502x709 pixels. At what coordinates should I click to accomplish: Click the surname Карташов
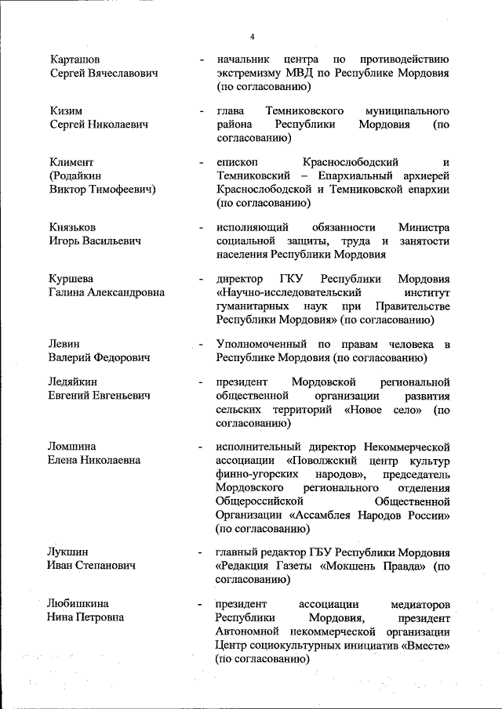(75, 60)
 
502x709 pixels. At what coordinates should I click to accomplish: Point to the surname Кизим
(66, 111)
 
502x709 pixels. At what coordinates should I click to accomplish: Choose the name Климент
(71, 162)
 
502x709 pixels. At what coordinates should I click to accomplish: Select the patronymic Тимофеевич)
(121, 189)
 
